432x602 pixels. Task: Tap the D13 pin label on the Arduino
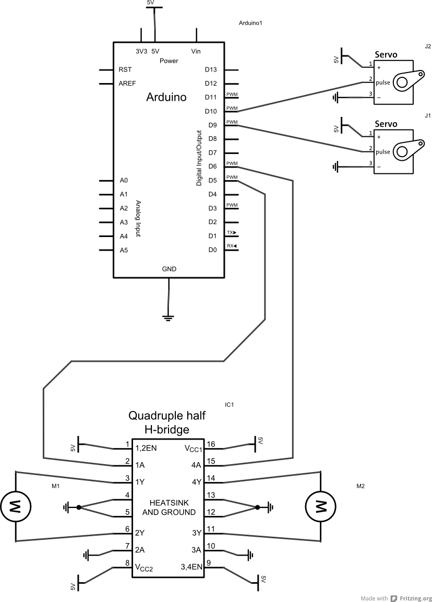(x=211, y=69)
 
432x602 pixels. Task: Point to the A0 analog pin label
(x=124, y=180)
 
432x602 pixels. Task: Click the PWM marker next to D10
(x=232, y=109)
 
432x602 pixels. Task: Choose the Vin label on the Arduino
(x=196, y=51)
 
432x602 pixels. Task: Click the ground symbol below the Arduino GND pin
(x=169, y=316)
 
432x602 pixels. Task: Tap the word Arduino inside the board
(x=166, y=97)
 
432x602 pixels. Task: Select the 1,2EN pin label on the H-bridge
(x=146, y=448)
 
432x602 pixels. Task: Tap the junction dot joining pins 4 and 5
(x=78, y=507)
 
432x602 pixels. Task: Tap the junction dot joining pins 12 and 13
(x=257, y=507)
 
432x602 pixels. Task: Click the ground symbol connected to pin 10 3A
(x=250, y=555)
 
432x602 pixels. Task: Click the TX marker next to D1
(x=231, y=233)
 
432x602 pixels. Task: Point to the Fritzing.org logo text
(x=412, y=598)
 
